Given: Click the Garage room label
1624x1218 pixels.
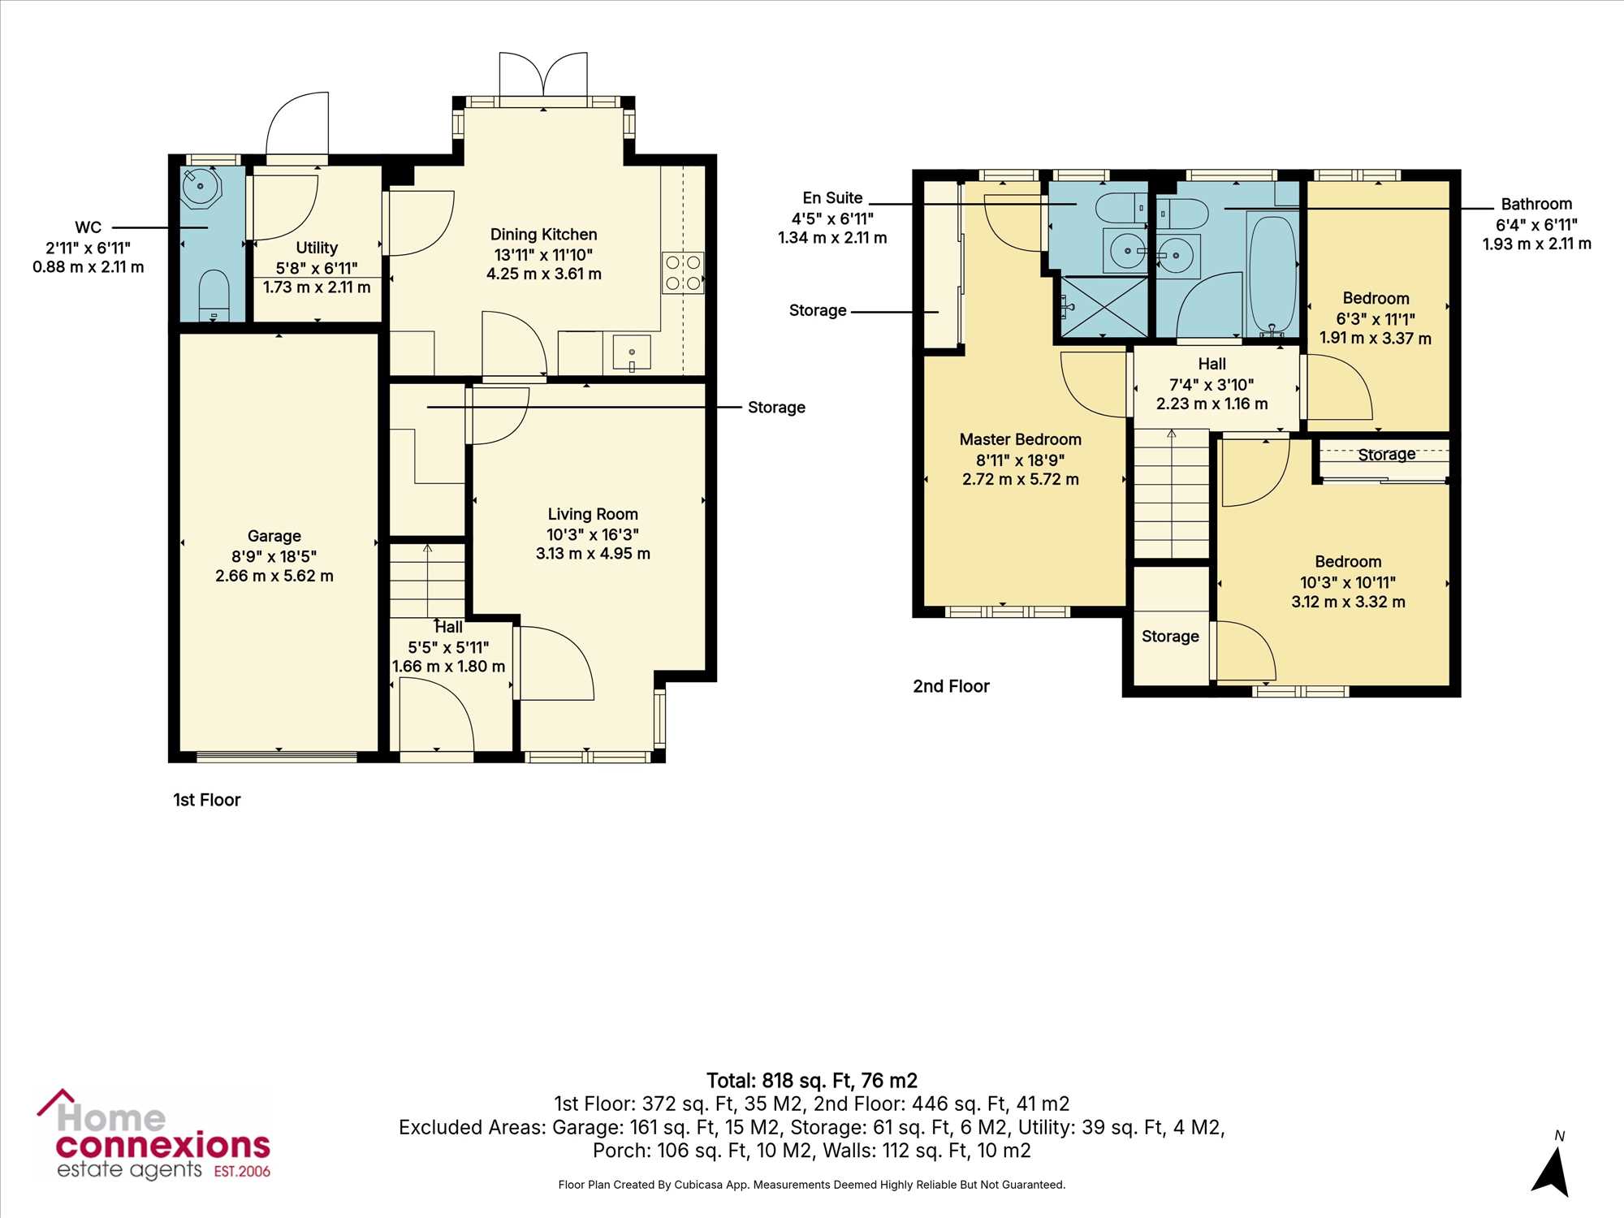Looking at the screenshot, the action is click(x=274, y=536).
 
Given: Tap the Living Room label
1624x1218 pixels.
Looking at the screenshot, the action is click(x=593, y=514).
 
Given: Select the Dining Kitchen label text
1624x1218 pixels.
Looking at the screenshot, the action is click(x=544, y=235).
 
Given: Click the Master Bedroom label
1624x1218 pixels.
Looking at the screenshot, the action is click(x=1021, y=439).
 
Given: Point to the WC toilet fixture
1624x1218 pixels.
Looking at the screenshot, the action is click(x=214, y=296).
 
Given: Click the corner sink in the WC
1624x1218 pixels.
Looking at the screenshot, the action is click(x=201, y=187).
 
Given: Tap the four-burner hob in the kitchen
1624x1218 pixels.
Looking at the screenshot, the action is click(x=683, y=273).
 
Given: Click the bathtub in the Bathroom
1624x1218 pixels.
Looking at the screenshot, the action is click(x=1272, y=274).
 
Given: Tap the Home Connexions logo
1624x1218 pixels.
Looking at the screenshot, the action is click(x=153, y=1134).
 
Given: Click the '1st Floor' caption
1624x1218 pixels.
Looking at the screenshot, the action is click(x=207, y=800).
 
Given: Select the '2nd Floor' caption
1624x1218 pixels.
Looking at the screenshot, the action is click(x=952, y=686).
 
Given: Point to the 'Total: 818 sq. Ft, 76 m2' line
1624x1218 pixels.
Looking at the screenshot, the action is click(x=812, y=1081).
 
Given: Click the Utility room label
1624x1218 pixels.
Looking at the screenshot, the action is click(x=317, y=248).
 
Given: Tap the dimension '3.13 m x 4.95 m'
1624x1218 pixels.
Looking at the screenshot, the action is click(x=593, y=554).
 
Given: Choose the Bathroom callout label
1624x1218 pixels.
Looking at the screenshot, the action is click(x=1536, y=204).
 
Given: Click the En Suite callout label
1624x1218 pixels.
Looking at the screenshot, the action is click(x=832, y=198).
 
